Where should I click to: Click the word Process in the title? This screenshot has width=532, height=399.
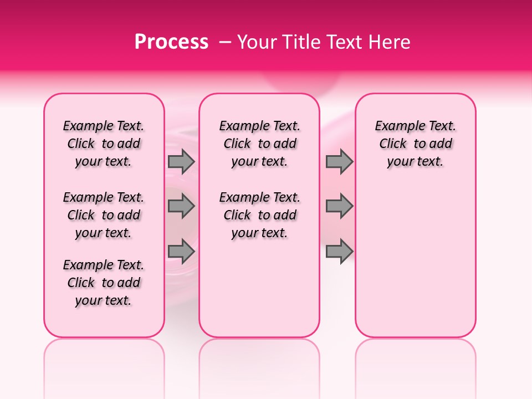(171, 42)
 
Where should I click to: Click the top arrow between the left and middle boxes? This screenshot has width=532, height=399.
(181, 162)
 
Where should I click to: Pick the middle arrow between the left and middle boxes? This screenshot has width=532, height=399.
(181, 206)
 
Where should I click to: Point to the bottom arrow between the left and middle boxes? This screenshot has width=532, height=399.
(181, 251)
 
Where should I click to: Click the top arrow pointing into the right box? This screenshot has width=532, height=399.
(339, 162)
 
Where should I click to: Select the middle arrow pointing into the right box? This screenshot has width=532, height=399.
(339, 206)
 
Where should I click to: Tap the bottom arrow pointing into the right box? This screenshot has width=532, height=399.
(339, 251)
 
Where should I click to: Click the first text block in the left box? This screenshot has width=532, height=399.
(104, 144)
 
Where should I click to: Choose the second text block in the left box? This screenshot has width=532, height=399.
(104, 215)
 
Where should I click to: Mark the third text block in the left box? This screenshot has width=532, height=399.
(104, 283)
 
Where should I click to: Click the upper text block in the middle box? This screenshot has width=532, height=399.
(259, 144)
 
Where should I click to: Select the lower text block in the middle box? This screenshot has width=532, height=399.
(259, 215)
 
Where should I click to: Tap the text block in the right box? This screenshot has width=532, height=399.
(415, 144)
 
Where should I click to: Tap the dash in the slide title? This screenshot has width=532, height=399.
(224, 42)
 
